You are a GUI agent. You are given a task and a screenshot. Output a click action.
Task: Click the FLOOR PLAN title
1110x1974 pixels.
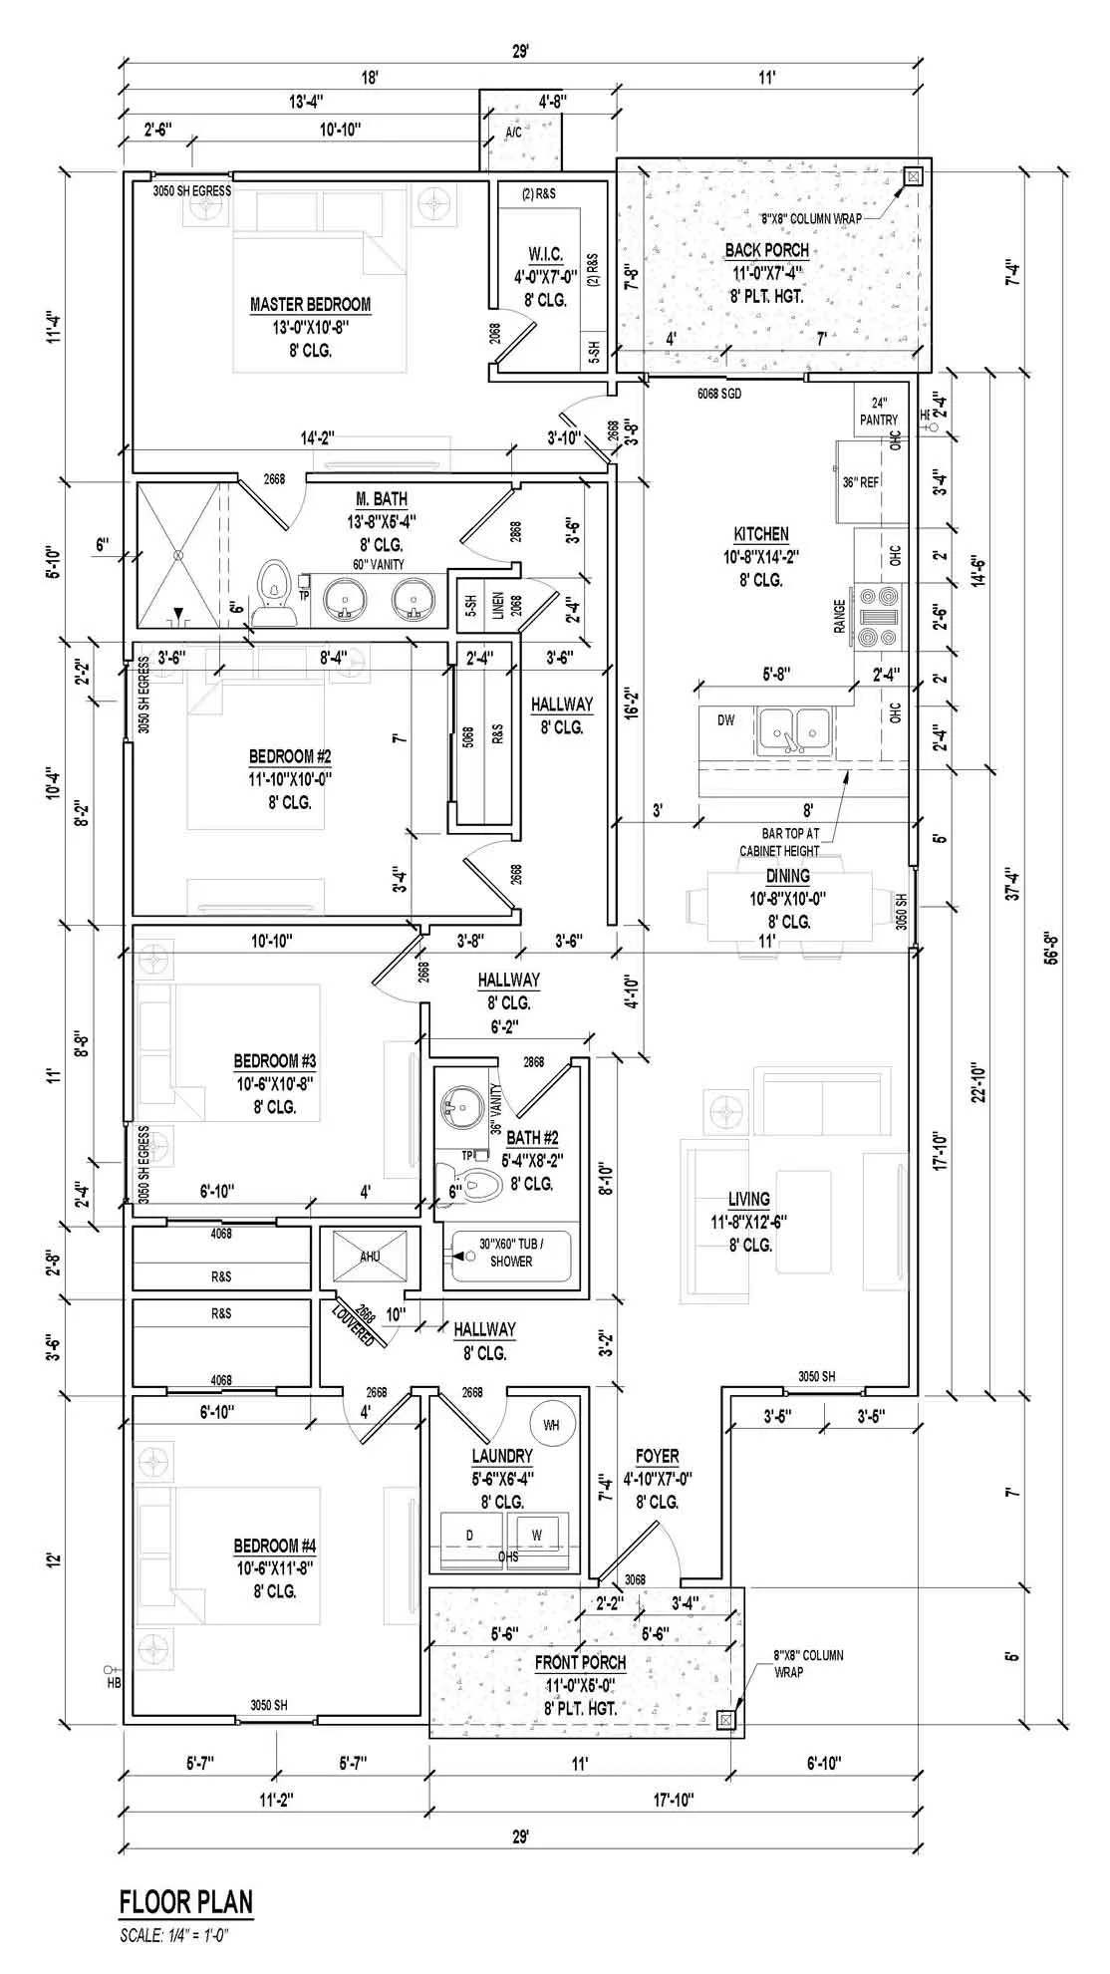pyautogui.click(x=186, y=1901)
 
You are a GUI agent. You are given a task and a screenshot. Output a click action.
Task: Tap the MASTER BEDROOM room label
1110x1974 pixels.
pyautogui.click(x=310, y=305)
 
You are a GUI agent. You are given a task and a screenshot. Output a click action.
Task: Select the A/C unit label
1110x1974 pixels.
pyautogui.click(x=513, y=132)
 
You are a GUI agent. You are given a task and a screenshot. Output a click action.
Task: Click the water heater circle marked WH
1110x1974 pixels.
pyautogui.click(x=551, y=1426)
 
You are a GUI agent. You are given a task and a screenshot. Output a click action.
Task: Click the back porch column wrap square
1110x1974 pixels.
pyautogui.click(x=912, y=177)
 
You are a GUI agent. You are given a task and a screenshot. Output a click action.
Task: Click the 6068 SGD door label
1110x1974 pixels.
pyautogui.click(x=718, y=394)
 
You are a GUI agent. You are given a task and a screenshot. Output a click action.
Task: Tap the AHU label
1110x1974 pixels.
pyautogui.click(x=370, y=1257)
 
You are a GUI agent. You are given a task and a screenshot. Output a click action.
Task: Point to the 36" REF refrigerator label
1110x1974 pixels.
pyautogui.click(x=860, y=482)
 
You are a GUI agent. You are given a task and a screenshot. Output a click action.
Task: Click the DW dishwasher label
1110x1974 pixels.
pyautogui.click(x=725, y=719)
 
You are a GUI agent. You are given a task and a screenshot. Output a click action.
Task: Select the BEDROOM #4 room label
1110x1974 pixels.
pyautogui.click(x=274, y=1546)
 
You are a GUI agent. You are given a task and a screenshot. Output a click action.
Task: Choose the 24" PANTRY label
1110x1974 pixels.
pyautogui.click(x=879, y=412)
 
